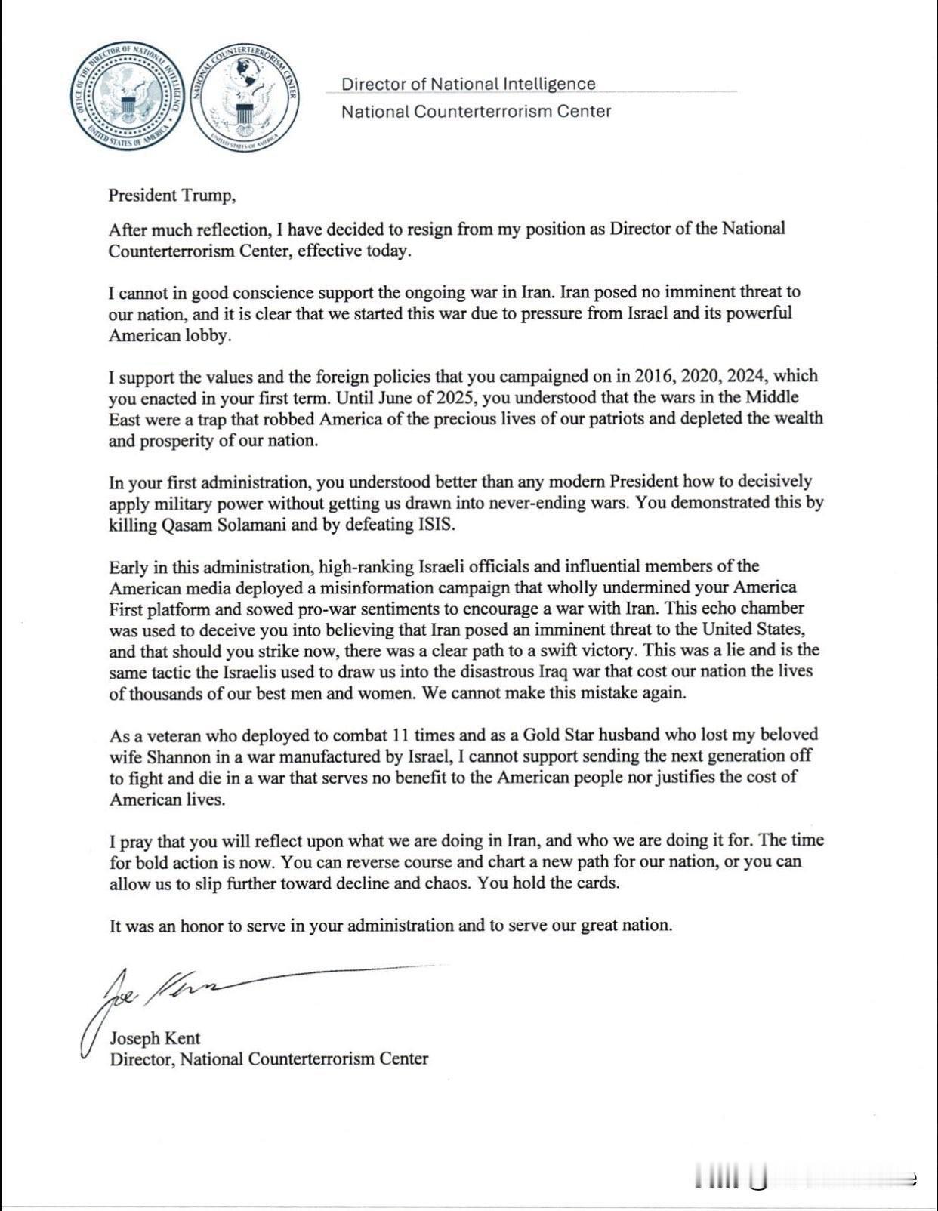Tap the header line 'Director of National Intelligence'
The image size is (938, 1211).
(x=468, y=84)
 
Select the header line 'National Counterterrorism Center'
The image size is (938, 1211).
(x=476, y=112)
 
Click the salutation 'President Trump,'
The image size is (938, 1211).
(x=172, y=195)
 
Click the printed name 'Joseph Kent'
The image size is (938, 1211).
(x=155, y=1038)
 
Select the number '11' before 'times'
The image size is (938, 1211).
(x=401, y=735)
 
